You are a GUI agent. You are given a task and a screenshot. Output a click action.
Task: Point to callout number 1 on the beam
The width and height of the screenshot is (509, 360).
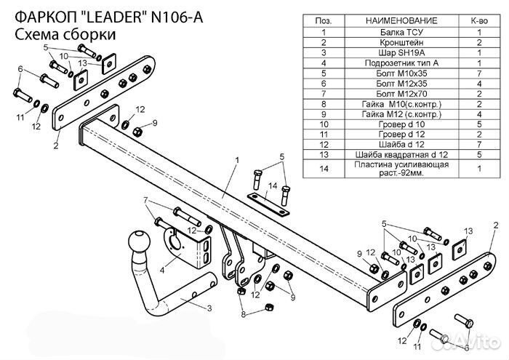coord(236,159)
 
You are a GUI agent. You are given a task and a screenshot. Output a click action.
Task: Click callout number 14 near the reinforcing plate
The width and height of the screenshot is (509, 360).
coord(270,188)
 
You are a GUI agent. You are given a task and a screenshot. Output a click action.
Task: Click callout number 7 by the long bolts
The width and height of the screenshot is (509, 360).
coord(145,200)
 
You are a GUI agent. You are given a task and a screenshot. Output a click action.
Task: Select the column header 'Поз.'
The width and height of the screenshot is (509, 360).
coord(323,22)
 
